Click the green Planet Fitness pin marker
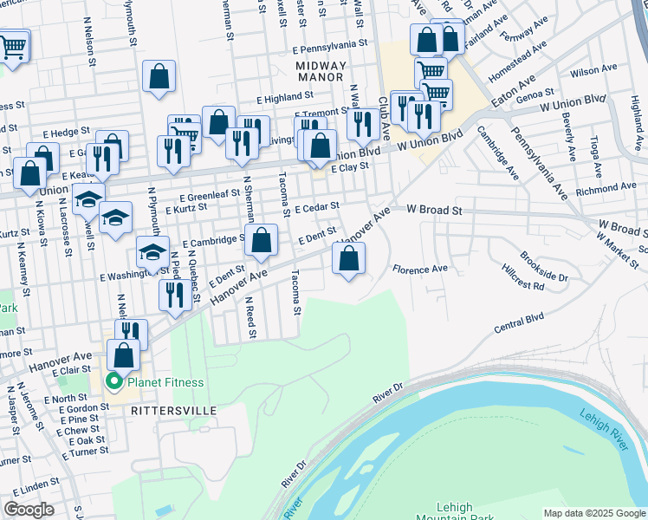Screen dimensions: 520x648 click(113, 382)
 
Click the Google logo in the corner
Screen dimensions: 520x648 click(29, 510)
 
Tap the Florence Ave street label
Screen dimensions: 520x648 click(420, 270)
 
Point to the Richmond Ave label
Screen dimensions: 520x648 click(606, 188)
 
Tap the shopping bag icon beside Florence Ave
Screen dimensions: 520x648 click(348, 258)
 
